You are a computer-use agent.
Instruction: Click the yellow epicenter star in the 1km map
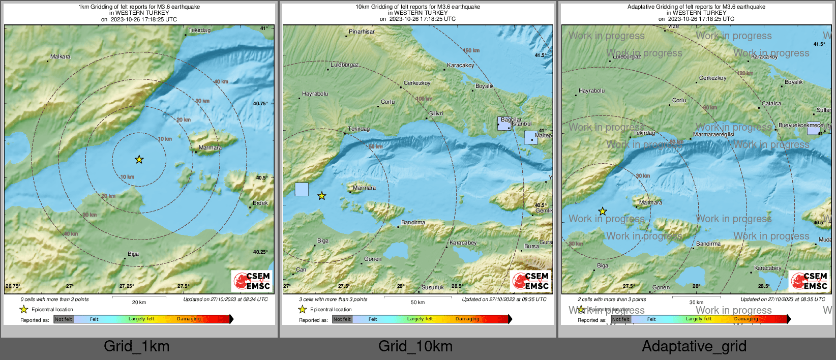point(139,160)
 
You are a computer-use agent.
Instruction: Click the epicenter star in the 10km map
point(322,196)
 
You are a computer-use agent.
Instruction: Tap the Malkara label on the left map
point(60,56)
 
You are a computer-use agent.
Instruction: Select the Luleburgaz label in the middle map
point(344,65)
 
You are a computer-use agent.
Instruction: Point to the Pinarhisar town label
point(362,32)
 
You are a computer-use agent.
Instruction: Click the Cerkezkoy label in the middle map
point(417,83)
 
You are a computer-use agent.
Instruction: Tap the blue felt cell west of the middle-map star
point(302,189)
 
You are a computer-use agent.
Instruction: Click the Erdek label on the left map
point(260,203)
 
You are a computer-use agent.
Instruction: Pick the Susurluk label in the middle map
point(432,287)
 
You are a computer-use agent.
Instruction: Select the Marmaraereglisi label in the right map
point(713,135)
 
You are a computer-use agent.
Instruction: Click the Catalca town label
point(771,103)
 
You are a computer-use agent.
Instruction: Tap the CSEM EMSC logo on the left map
point(252,281)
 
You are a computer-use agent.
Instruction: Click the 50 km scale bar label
point(417,303)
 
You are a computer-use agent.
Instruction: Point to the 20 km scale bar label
point(139,303)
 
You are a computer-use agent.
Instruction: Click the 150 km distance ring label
point(471,50)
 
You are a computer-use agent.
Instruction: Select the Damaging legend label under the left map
point(189,319)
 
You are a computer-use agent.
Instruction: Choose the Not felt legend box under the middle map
point(342,319)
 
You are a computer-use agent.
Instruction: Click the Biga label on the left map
point(133,254)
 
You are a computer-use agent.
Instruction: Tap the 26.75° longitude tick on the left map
point(13,286)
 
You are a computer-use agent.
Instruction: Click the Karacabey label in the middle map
point(463,243)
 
